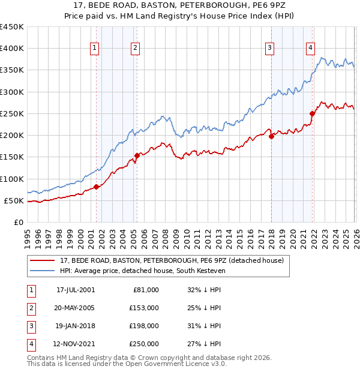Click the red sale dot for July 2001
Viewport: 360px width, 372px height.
click(x=96, y=187)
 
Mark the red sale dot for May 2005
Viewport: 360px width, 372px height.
click(x=137, y=155)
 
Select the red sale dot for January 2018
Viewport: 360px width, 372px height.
click(x=271, y=136)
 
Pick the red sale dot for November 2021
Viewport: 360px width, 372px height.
click(x=312, y=113)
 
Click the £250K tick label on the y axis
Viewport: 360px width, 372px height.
click(x=12, y=113)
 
